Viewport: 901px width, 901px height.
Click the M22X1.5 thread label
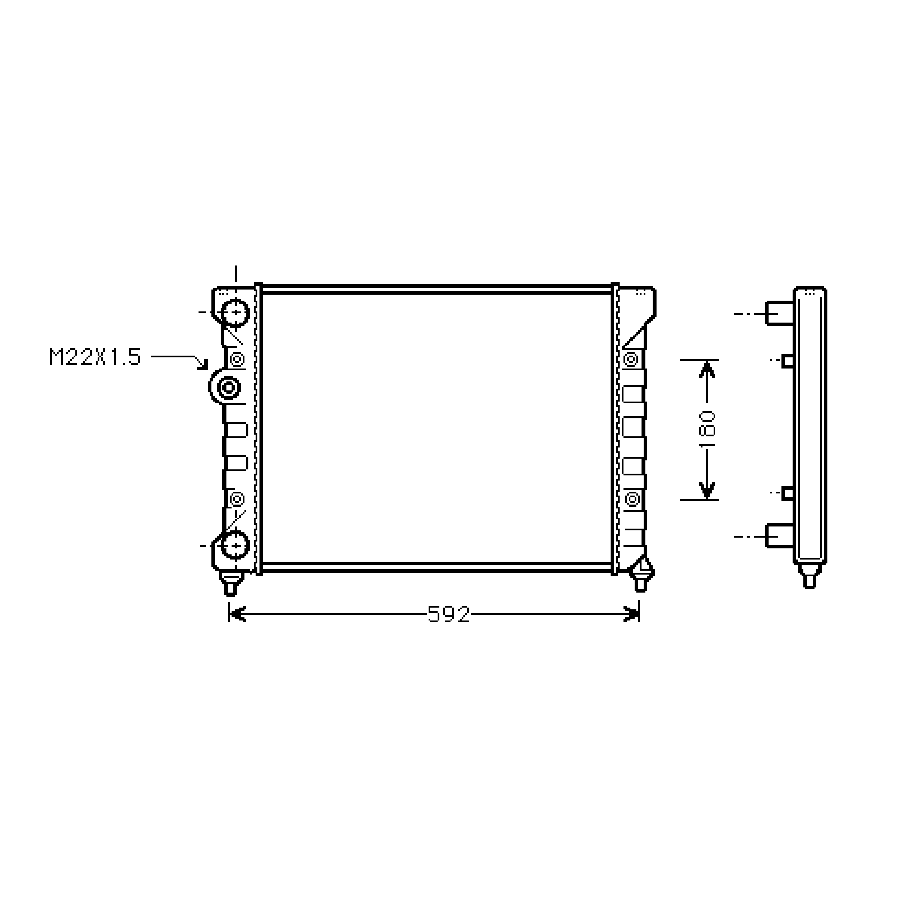95,357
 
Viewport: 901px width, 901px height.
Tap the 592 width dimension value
449,615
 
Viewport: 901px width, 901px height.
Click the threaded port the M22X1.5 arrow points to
229,387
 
